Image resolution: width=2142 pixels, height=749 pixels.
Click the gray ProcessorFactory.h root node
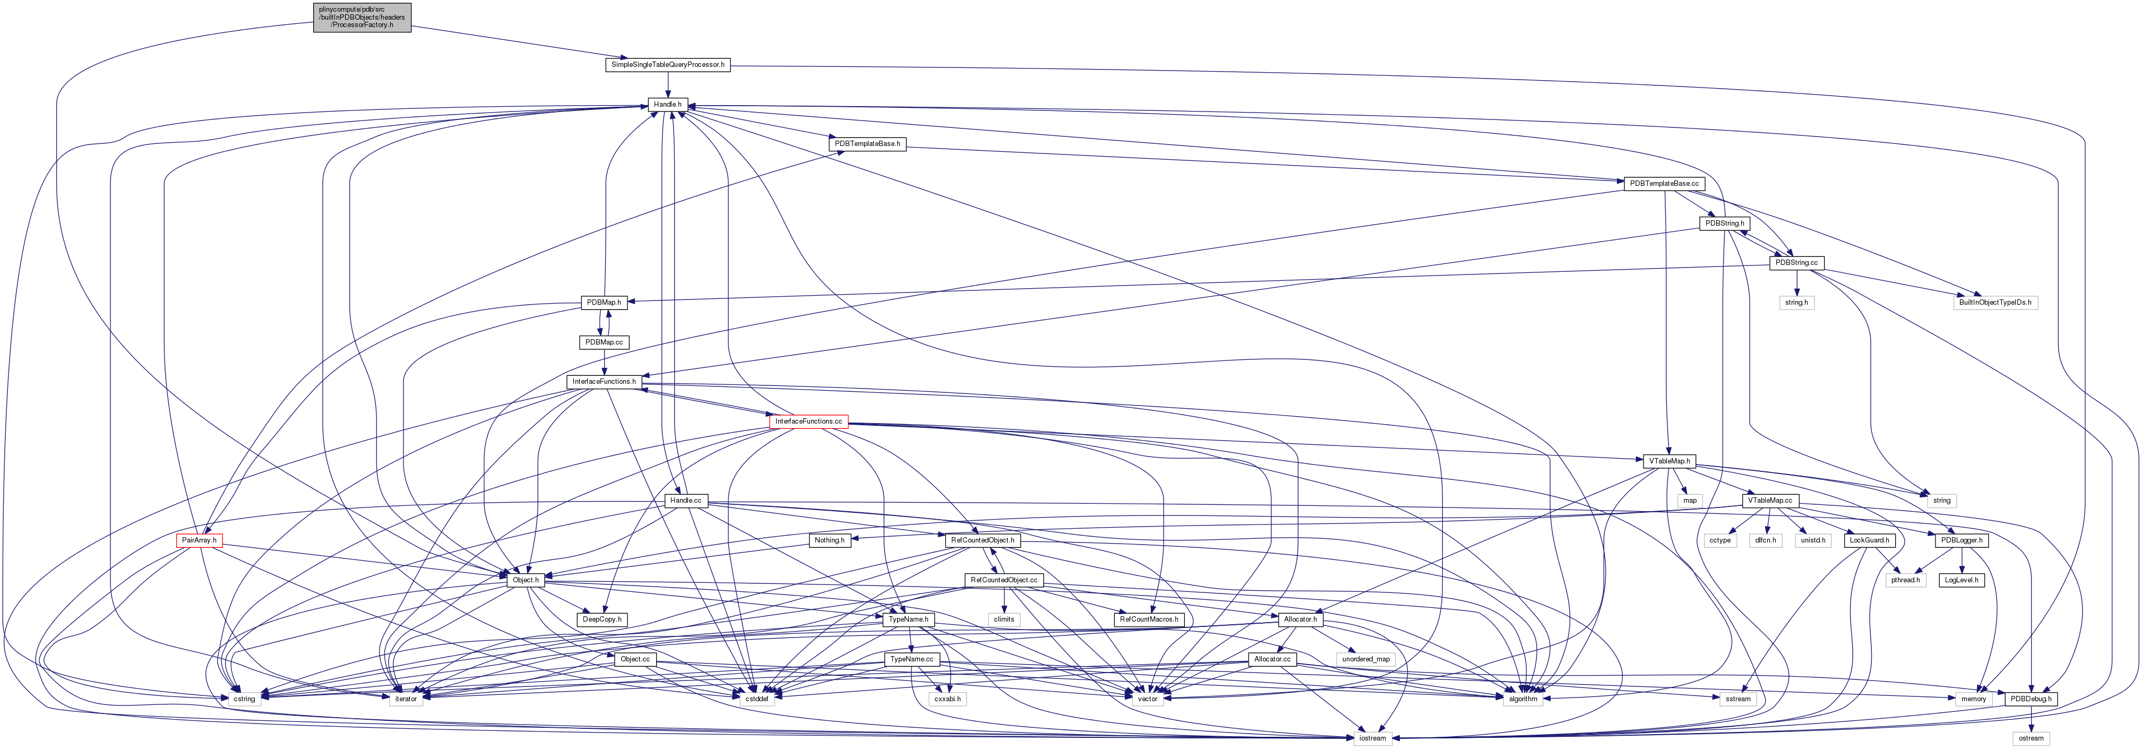point(362,16)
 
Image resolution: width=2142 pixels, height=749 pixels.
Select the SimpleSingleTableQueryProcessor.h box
point(668,64)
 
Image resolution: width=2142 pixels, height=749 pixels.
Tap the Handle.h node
point(667,105)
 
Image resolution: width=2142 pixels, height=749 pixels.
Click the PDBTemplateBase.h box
point(867,144)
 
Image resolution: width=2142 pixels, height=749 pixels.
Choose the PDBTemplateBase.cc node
point(1664,184)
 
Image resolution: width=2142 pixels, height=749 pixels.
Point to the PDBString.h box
point(1725,223)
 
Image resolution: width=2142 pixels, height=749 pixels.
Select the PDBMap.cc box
point(604,342)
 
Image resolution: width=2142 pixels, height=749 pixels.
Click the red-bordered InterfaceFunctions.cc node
point(808,421)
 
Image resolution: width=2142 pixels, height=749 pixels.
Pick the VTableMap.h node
point(1670,461)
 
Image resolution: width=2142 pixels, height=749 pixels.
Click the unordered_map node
point(1365,659)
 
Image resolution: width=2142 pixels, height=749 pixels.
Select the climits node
point(1004,619)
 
